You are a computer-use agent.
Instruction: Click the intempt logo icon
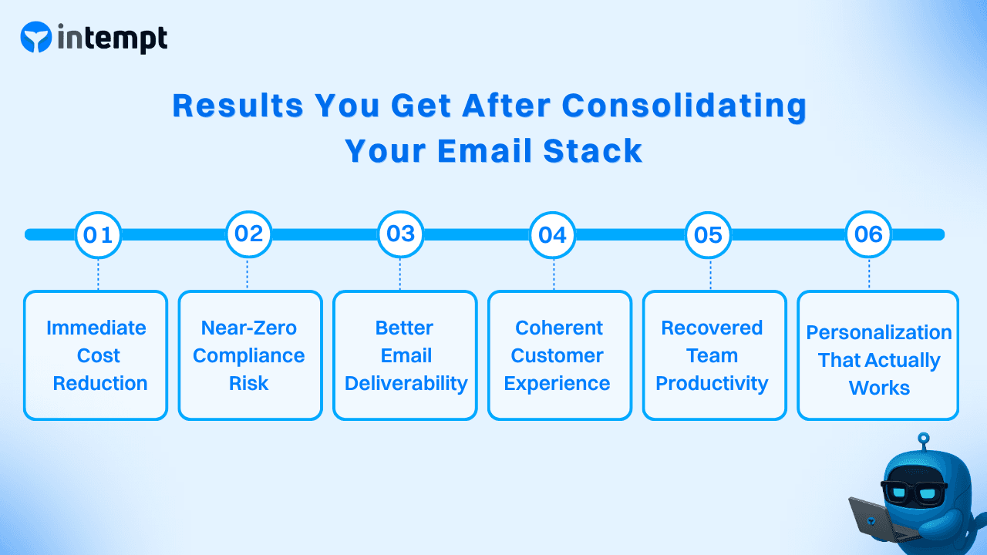point(36,37)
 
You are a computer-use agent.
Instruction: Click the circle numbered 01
point(98,234)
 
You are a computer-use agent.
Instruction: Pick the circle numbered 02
point(248,234)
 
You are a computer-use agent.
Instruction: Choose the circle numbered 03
point(400,234)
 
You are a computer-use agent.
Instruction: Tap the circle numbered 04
point(553,234)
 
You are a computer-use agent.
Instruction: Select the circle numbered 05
point(708,234)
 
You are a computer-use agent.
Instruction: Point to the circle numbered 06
point(868,234)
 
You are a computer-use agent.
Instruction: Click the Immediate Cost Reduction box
point(96,355)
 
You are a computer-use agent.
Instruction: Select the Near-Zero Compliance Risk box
point(250,355)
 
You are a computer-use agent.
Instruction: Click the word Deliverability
point(406,384)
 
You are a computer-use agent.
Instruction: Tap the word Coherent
point(559,328)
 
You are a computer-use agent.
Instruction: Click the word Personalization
point(879,332)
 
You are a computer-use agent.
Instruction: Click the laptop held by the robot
point(872,520)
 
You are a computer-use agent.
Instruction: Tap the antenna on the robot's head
point(924,442)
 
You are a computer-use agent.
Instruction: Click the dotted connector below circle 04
point(554,274)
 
